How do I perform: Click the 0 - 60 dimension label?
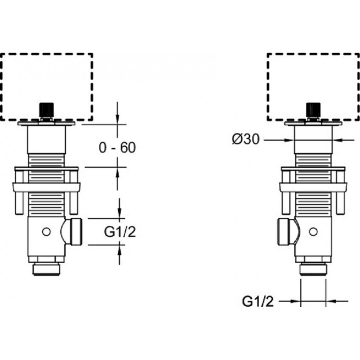[117, 147]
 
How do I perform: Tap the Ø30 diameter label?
[246, 139]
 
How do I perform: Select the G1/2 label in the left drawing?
[120, 232]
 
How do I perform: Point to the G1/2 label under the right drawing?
[258, 301]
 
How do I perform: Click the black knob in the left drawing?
[47, 110]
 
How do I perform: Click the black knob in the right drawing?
[313, 110]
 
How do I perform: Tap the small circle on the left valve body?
[46, 232]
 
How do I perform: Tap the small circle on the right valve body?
[313, 232]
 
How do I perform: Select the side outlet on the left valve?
[72, 232]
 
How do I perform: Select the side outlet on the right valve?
[288, 232]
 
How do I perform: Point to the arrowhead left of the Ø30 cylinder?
[289, 140]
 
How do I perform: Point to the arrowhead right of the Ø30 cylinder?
[337, 140]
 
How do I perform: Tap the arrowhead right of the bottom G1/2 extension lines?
[331, 301]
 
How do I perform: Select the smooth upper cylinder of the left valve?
[46, 139]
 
